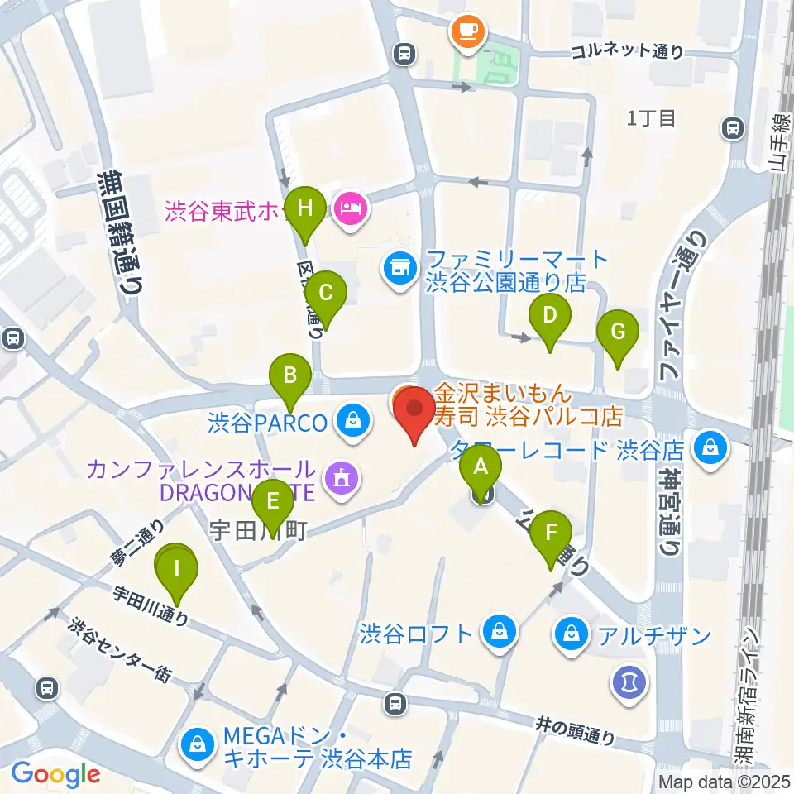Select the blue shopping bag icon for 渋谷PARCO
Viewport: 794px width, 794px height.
353,423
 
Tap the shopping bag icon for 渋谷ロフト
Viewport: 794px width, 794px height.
500,634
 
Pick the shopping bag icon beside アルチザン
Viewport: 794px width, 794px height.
572,635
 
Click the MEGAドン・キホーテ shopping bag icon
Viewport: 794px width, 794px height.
199,744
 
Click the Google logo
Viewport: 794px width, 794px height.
55,774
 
